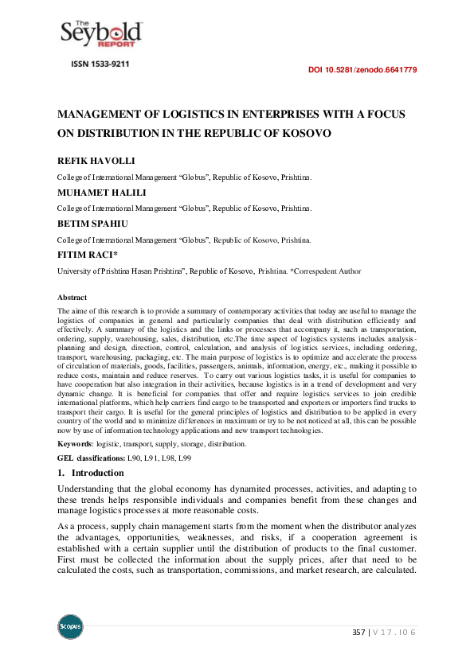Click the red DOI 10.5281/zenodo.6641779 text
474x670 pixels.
(x=362, y=70)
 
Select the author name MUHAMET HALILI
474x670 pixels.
(x=100, y=193)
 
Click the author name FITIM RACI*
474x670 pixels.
(x=88, y=255)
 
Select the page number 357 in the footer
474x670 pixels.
(x=359, y=632)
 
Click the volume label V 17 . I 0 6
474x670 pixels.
(x=394, y=632)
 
